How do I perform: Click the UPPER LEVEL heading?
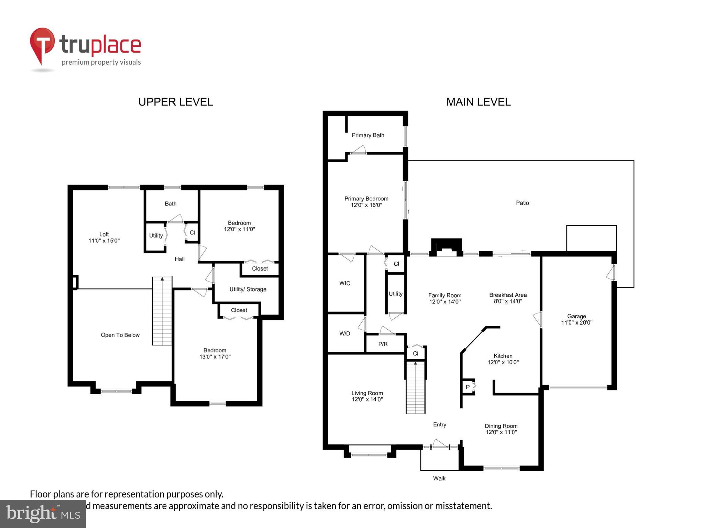tap(175, 102)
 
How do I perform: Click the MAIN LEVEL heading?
tap(478, 102)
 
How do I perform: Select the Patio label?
tap(522, 203)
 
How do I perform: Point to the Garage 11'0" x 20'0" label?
tap(576, 319)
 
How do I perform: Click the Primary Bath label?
tap(368, 135)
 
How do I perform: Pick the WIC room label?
tap(344, 283)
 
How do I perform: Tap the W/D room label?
tap(344, 333)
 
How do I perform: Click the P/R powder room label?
tap(383, 344)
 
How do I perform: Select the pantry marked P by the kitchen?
tap(467, 387)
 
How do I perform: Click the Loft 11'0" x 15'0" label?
tap(104, 237)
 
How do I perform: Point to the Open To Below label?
tap(120, 335)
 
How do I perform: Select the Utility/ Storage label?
tap(248, 289)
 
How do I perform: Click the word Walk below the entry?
tap(439, 478)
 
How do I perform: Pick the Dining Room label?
tap(501, 429)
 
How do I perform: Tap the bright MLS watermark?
tap(43, 514)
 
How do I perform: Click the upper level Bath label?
tap(170, 203)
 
